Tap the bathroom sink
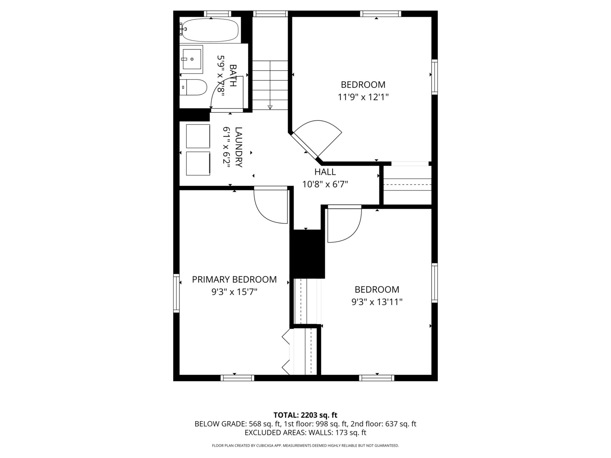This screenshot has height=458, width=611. pos(191,58)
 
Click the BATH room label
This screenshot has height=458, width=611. pos(233,75)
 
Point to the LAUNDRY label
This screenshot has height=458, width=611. pos(239,147)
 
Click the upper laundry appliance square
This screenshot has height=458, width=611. pos(198,136)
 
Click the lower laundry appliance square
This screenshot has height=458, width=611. pos(198,163)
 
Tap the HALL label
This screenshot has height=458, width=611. pos(325,172)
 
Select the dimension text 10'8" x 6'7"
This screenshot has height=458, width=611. pos(325,184)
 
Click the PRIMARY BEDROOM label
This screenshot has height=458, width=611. pos(234,279)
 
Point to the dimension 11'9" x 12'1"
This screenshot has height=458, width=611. pos(363,97)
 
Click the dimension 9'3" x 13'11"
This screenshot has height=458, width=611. pos(377,302)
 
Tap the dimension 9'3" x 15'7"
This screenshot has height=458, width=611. pos(234,292)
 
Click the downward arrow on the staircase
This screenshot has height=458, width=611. pos(270,107)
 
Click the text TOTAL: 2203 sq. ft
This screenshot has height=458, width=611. pos(305,415)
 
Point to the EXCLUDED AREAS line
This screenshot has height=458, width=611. pos(305,433)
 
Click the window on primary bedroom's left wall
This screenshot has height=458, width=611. pos(176,293)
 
